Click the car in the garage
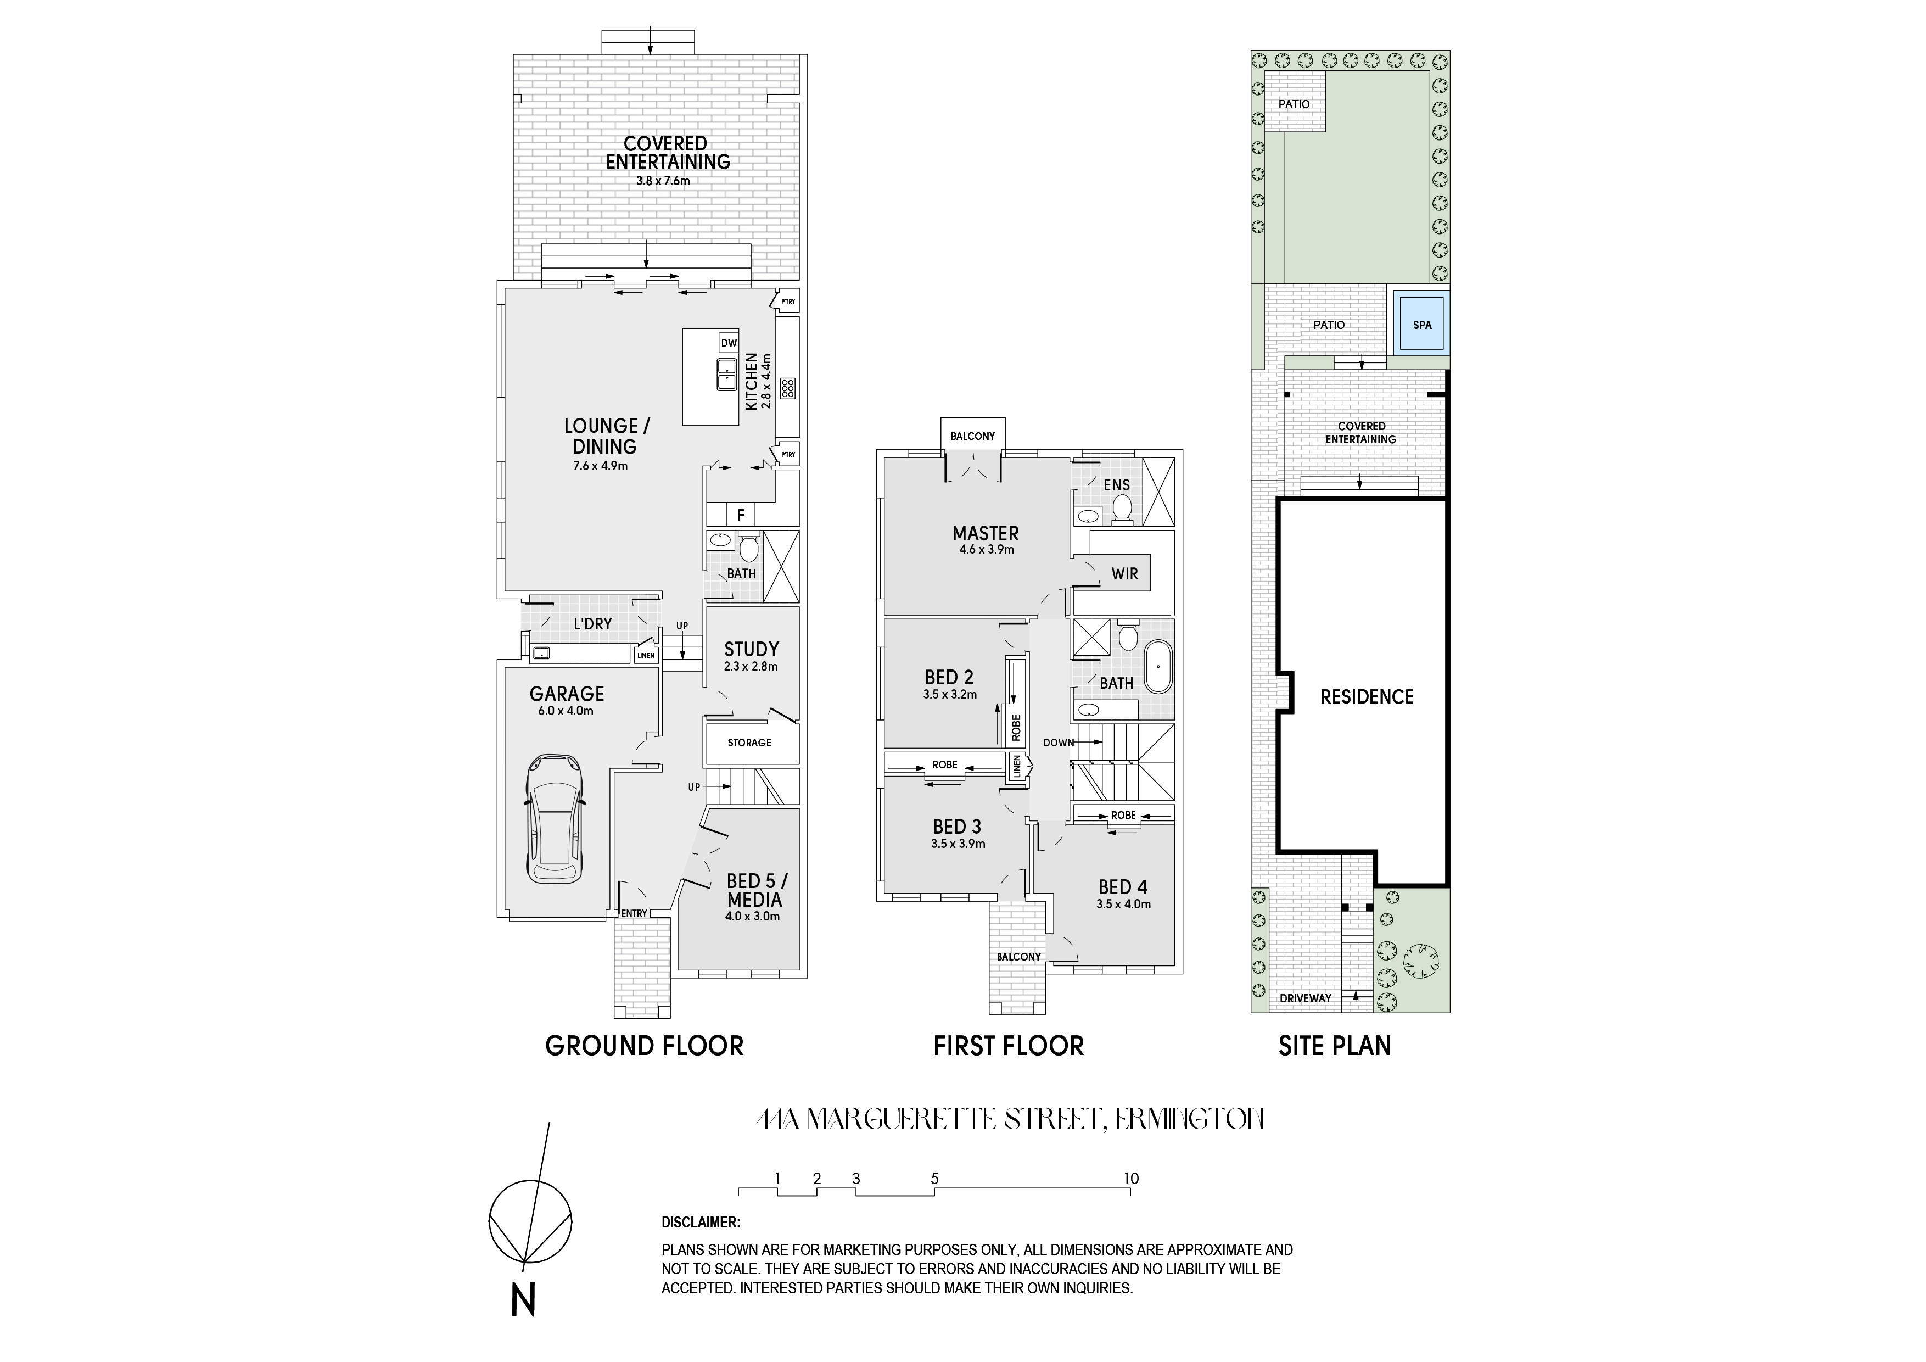click(553, 818)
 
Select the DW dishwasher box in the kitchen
click(728, 342)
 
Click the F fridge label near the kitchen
click(741, 515)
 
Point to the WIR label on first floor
click(1124, 574)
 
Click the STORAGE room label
click(749, 743)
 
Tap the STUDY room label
click(752, 649)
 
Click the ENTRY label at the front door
click(634, 914)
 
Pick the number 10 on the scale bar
click(1131, 1178)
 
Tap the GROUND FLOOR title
click(644, 1046)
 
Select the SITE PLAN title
click(1335, 1046)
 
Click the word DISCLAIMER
click(701, 1223)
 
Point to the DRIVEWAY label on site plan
click(1305, 998)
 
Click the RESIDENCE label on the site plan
click(1367, 696)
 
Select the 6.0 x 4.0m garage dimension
click(566, 711)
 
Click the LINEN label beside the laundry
click(646, 655)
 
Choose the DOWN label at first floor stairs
click(1059, 743)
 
